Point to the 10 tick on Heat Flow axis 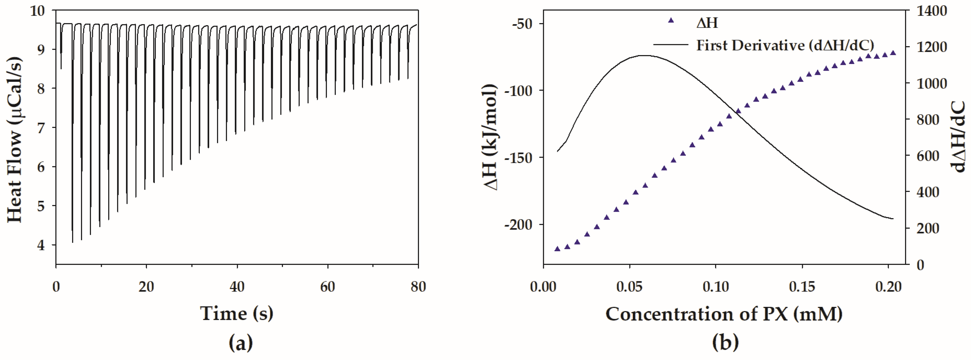pos(37,11)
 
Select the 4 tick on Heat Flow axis pos(41,245)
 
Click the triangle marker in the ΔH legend pos(671,20)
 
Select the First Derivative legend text pos(785,45)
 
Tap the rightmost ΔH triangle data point pos(893,53)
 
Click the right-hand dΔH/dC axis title pos(960,138)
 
